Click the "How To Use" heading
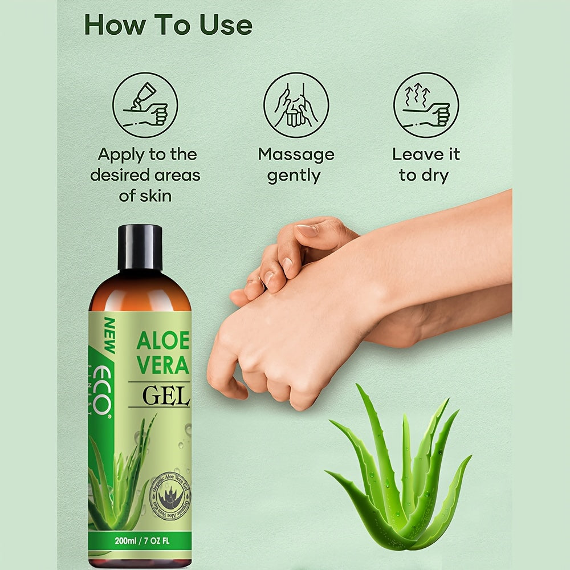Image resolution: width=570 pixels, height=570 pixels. click(168, 25)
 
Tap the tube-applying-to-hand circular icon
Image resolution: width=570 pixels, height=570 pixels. click(145, 105)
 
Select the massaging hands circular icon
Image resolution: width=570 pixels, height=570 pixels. click(296, 105)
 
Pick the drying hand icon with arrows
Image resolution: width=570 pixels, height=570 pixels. click(426, 105)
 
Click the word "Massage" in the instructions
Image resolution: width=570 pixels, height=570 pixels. click(296, 154)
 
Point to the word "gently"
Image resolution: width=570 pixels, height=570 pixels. click(294, 176)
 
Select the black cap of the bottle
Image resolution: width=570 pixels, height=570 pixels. click(140, 247)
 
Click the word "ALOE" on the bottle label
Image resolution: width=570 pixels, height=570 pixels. click(162, 341)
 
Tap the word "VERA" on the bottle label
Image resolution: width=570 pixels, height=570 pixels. click(162, 365)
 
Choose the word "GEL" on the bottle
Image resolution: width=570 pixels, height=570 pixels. click(165, 395)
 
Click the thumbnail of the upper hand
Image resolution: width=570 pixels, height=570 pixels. click(308, 230)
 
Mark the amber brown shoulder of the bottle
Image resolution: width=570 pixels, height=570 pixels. click(140, 291)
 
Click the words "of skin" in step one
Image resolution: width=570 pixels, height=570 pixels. click(145, 196)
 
